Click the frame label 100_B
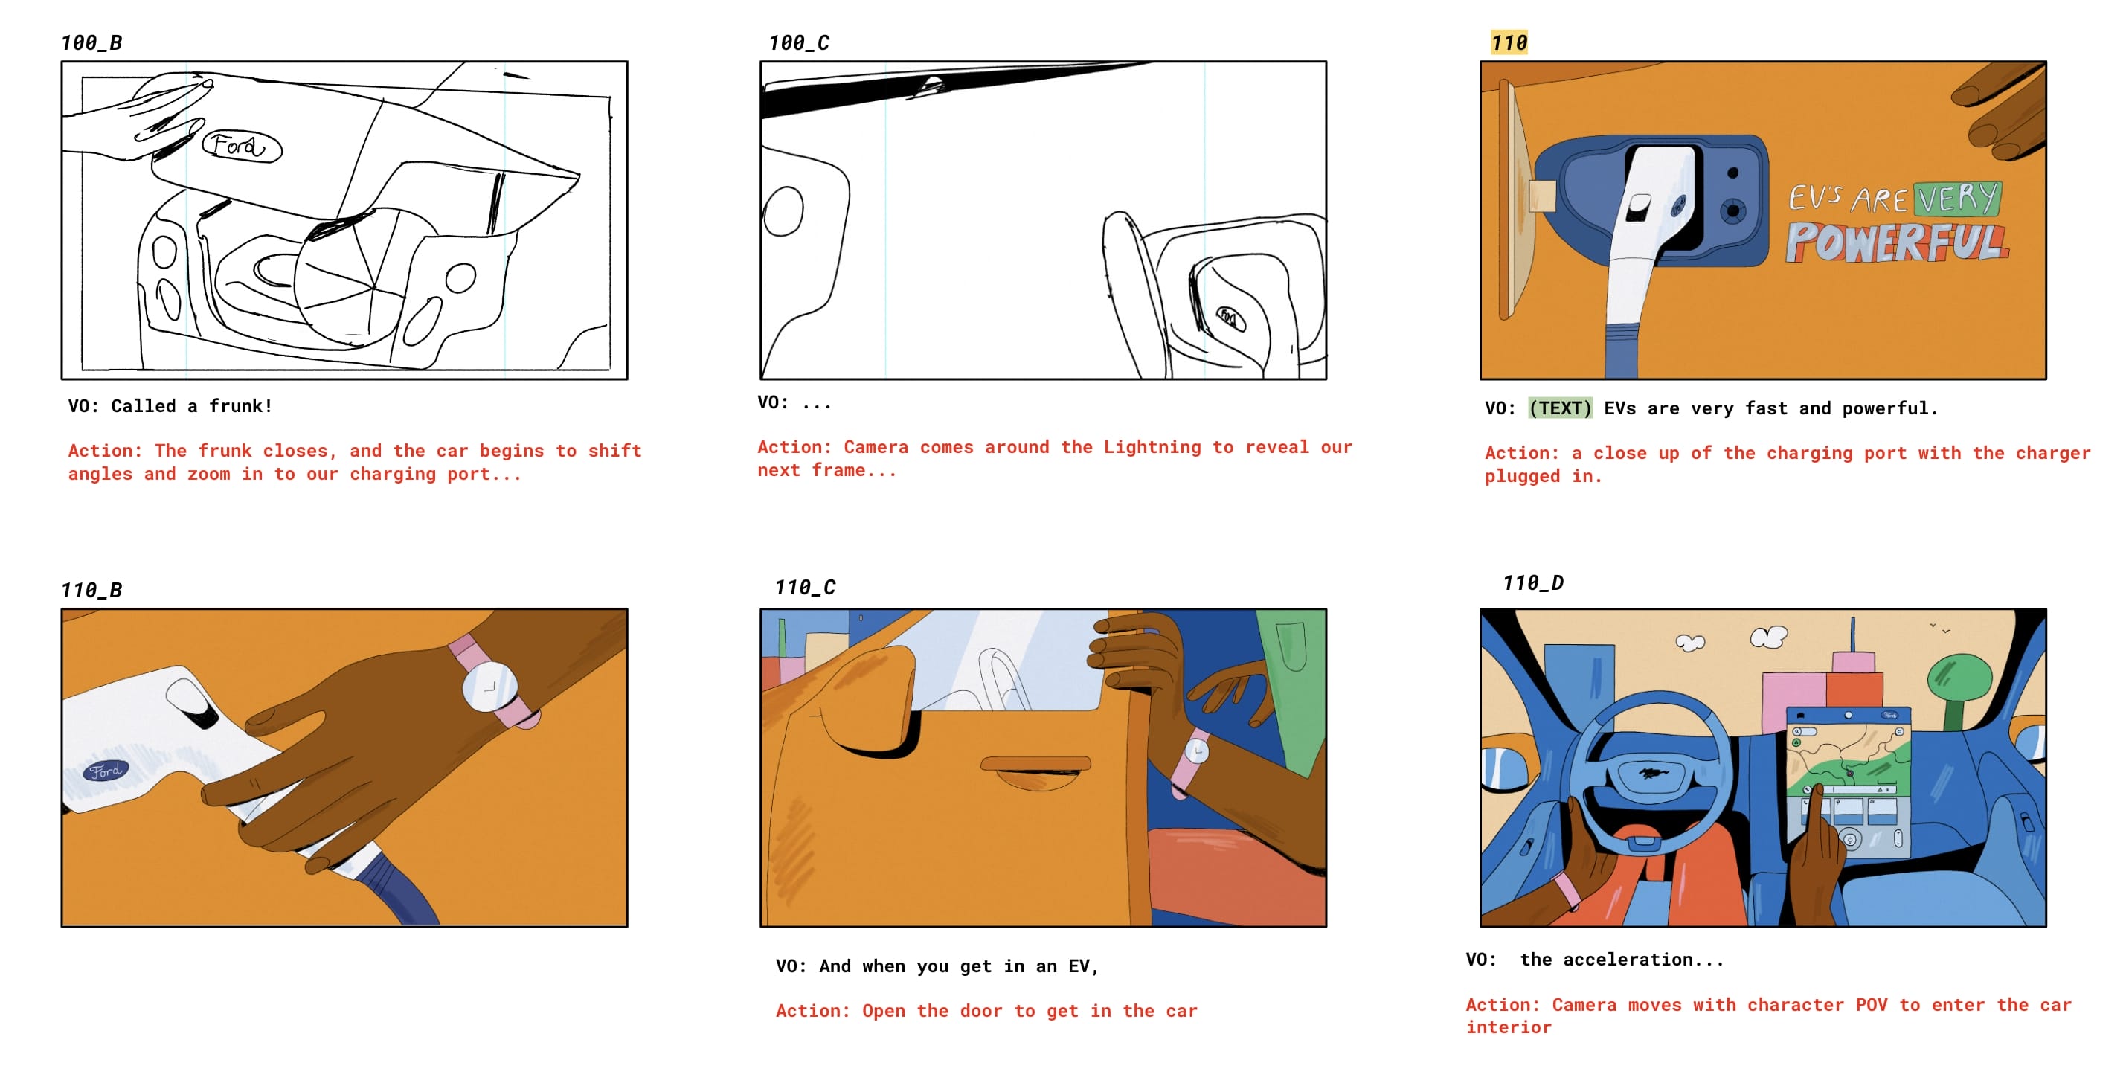(x=91, y=43)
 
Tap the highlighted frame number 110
(x=1509, y=43)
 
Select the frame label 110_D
(x=1532, y=582)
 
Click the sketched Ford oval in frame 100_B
(x=242, y=147)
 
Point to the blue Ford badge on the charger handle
(x=106, y=771)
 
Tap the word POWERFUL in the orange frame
(x=1897, y=242)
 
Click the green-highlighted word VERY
(x=1957, y=199)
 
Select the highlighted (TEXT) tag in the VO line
(x=1560, y=408)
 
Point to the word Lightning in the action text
(x=1152, y=447)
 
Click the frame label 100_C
(x=799, y=43)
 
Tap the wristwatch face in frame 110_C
(x=1197, y=751)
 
